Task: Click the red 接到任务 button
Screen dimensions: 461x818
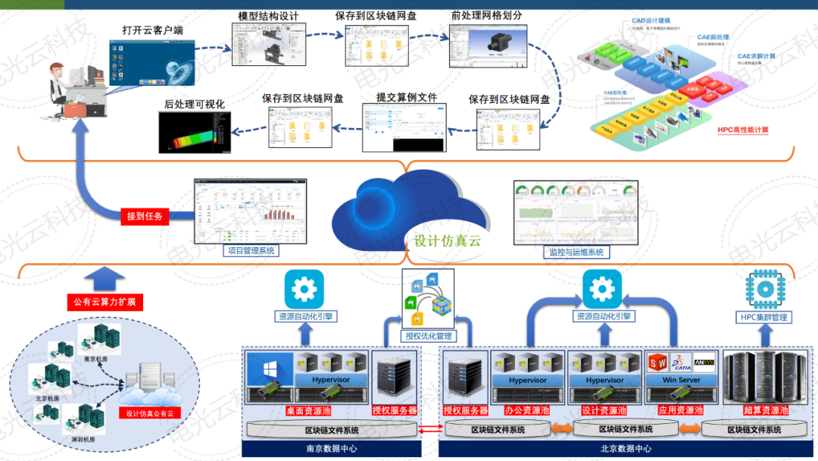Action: [145, 217]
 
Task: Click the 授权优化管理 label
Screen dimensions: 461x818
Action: [429, 336]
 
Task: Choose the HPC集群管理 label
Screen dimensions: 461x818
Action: [763, 317]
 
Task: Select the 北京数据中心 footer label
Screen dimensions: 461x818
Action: [626, 449]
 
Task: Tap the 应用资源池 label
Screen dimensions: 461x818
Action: [679, 410]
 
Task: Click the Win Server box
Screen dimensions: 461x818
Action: [680, 380]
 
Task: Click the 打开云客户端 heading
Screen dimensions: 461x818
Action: [152, 31]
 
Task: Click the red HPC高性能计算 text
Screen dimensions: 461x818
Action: [743, 130]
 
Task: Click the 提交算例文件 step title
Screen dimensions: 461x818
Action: [407, 98]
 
